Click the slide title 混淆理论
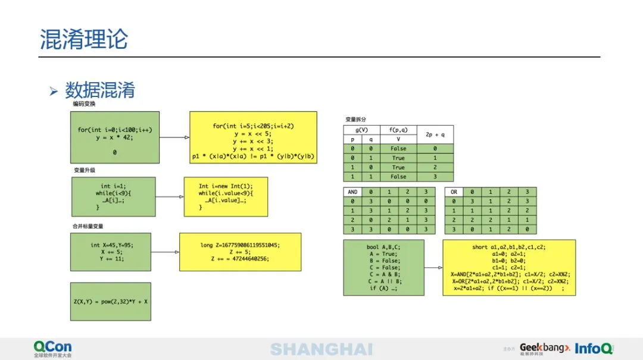(x=84, y=39)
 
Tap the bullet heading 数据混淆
(x=100, y=90)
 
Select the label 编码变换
(x=84, y=104)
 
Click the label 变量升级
(x=84, y=170)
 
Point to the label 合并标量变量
(x=88, y=226)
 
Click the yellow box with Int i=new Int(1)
(x=226, y=196)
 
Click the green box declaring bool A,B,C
(x=383, y=267)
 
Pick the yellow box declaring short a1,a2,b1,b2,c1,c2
(x=509, y=267)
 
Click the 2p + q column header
(x=435, y=134)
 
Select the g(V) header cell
(x=362, y=130)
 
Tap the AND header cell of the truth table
(x=352, y=192)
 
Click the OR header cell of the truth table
(x=454, y=192)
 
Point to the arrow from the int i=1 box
(x=169, y=196)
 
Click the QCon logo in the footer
(x=52, y=349)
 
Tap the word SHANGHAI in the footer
(x=321, y=349)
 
